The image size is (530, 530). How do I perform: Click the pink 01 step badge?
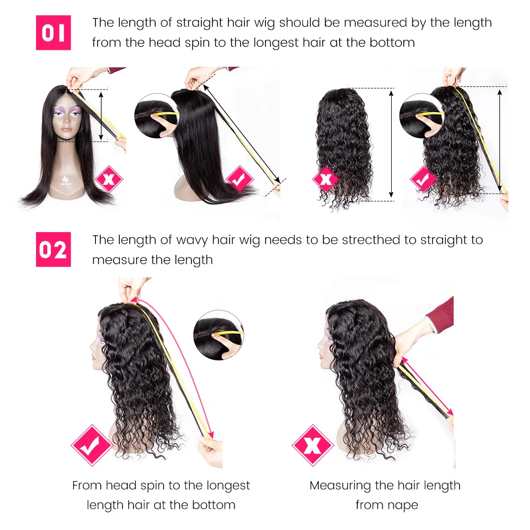(54, 33)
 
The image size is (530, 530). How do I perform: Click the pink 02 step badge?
(54, 250)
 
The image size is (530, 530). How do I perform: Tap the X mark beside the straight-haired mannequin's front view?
(109, 179)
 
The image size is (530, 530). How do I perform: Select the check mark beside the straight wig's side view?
(240, 179)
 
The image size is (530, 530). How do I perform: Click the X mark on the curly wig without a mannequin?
(326, 179)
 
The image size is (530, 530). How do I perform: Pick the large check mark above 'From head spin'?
(91, 445)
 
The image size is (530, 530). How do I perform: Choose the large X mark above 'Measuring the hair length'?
(313, 445)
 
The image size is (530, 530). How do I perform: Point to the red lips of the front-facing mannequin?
(67, 129)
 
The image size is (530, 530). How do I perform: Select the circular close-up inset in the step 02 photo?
(218, 335)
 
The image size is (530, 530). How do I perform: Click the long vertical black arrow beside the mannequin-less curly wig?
(391, 144)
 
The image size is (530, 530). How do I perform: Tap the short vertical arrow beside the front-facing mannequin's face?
(101, 116)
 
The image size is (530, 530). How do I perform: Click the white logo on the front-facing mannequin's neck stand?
(66, 181)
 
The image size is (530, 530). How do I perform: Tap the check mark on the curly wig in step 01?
(423, 179)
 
